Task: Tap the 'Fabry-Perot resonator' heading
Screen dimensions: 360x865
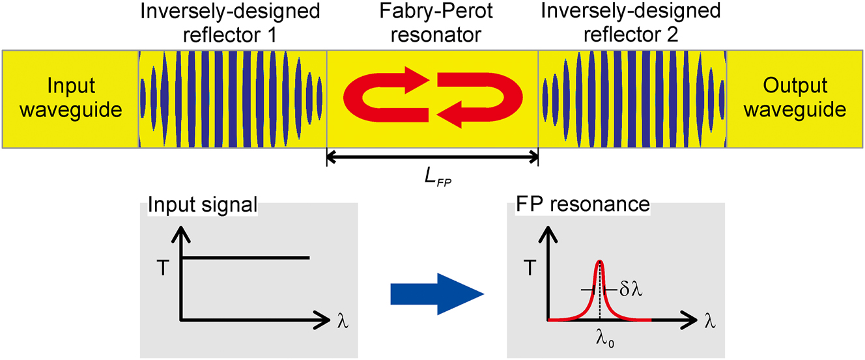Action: (432, 23)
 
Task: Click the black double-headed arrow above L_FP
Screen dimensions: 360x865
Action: (432, 157)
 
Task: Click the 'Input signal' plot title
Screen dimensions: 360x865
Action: (203, 206)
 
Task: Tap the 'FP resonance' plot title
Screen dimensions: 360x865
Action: (582, 206)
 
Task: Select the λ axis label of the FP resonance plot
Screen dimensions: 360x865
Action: (711, 322)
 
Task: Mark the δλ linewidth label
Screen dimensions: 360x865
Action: (630, 290)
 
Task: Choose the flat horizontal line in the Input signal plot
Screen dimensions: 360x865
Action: (246, 258)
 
